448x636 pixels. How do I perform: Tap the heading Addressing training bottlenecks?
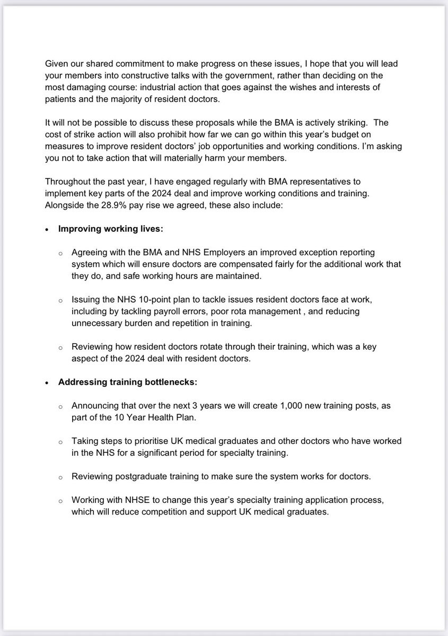point(127,381)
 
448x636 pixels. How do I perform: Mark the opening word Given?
point(57,64)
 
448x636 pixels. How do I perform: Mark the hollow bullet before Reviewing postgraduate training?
point(61,477)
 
